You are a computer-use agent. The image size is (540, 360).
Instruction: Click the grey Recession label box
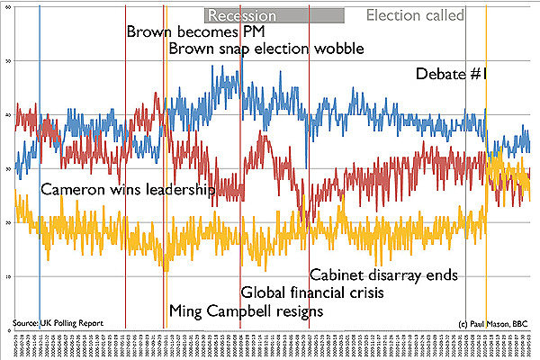274,15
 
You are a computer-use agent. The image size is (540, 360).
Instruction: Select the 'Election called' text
416,15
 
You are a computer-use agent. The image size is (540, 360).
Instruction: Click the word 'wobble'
332,48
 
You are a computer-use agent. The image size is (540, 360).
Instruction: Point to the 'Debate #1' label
450,75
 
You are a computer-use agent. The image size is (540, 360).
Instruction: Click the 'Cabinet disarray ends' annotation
384,274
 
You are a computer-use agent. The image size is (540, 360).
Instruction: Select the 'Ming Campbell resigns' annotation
246,311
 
